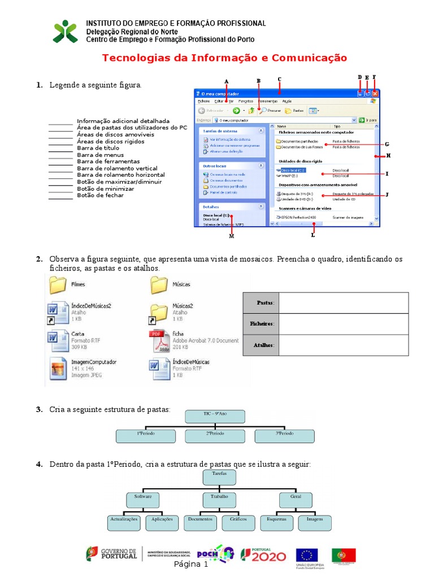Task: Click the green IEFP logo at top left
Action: click(x=66, y=32)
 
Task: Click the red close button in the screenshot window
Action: click(x=375, y=94)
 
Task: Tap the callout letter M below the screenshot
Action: click(x=231, y=236)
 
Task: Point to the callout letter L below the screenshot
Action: click(x=313, y=235)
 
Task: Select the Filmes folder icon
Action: click(x=58, y=285)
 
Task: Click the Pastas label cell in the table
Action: click(x=261, y=303)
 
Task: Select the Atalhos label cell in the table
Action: click(x=261, y=345)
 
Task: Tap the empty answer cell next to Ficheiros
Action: click(x=344, y=323)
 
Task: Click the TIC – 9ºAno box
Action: click(x=215, y=417)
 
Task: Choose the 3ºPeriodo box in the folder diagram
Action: click(x=285, y=435)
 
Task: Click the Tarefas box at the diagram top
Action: click(x=219, y=477)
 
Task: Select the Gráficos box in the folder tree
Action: click(x=234, y=522)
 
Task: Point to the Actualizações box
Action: click(x=124, y=522)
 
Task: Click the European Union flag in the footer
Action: click(x=307, y=555)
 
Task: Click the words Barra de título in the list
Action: click(x=98, y=148)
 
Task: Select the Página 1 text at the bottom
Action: click(x=191, y=564)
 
